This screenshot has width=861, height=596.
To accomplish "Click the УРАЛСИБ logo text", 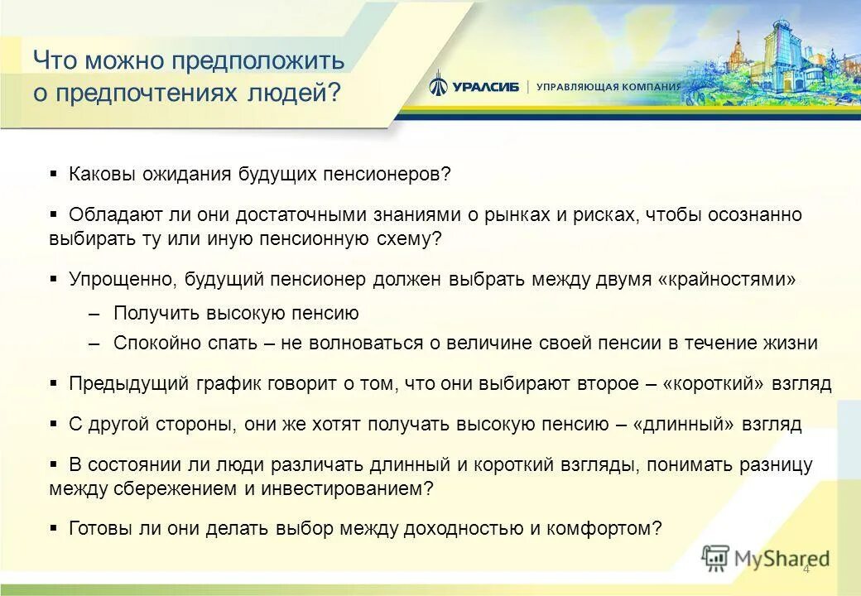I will click(x=485, y=87).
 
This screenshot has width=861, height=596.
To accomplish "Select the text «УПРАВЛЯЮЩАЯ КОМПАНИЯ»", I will click(x=608, y=87).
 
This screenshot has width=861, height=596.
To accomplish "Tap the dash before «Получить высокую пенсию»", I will click(x=94, y=313).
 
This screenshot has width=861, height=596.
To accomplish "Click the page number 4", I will click(x=806, y=570).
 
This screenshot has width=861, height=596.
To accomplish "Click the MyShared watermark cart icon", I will click(x=715, y=559).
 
